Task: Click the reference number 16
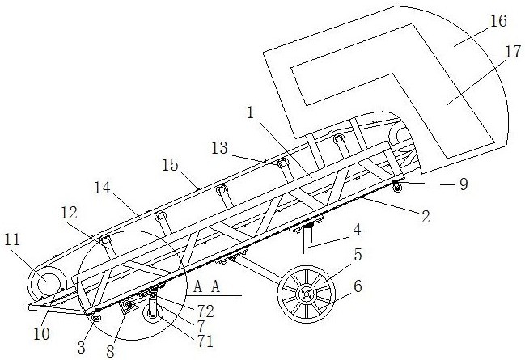point(498,21)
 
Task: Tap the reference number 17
point(513,52)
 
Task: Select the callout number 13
point(220,148)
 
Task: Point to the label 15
point(171,165)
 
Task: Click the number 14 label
point(102,188)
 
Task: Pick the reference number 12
point(70,213)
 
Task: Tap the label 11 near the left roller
point(12,240)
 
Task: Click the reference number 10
point(42,333)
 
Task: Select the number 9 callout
point(464,184)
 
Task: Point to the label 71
point(205,341)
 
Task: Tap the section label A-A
point(207,287)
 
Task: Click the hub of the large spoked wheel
point(306,294)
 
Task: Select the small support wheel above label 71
point(153,314)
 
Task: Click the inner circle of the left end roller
point(47,283)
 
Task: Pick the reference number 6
point(358,286)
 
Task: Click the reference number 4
point(358,231)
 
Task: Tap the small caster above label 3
point(96,316)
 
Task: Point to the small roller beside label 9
point(397,187)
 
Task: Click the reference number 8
point(111,352)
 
